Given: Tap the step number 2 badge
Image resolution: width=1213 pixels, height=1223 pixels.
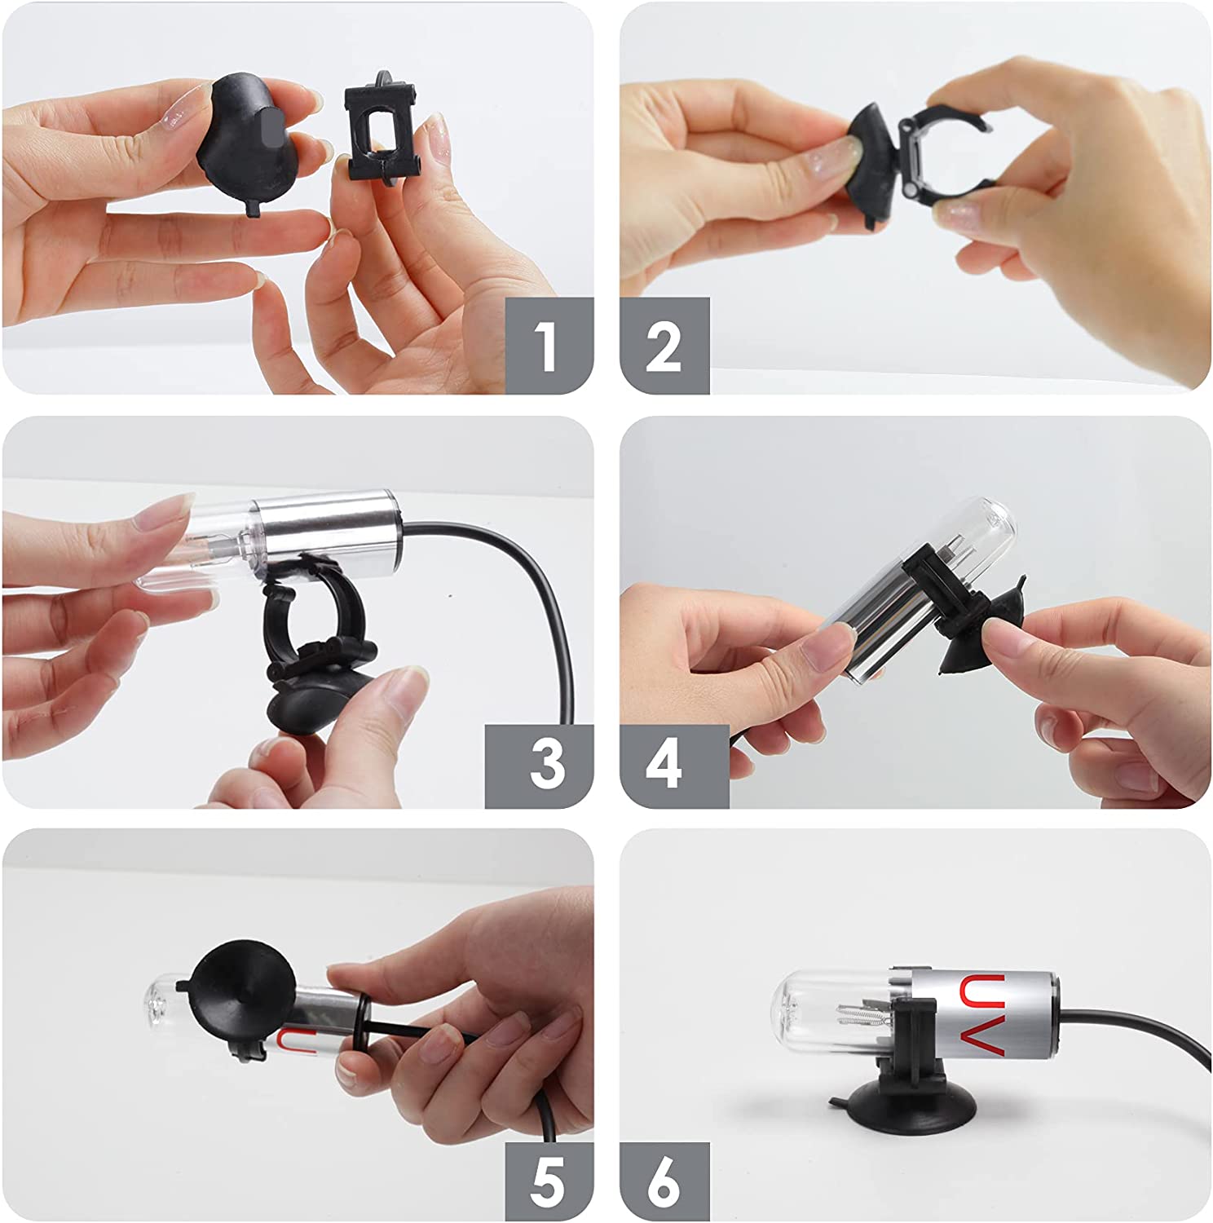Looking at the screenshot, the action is point(664,346).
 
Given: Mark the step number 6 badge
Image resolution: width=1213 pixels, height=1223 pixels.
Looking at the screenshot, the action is point(664,1181).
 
